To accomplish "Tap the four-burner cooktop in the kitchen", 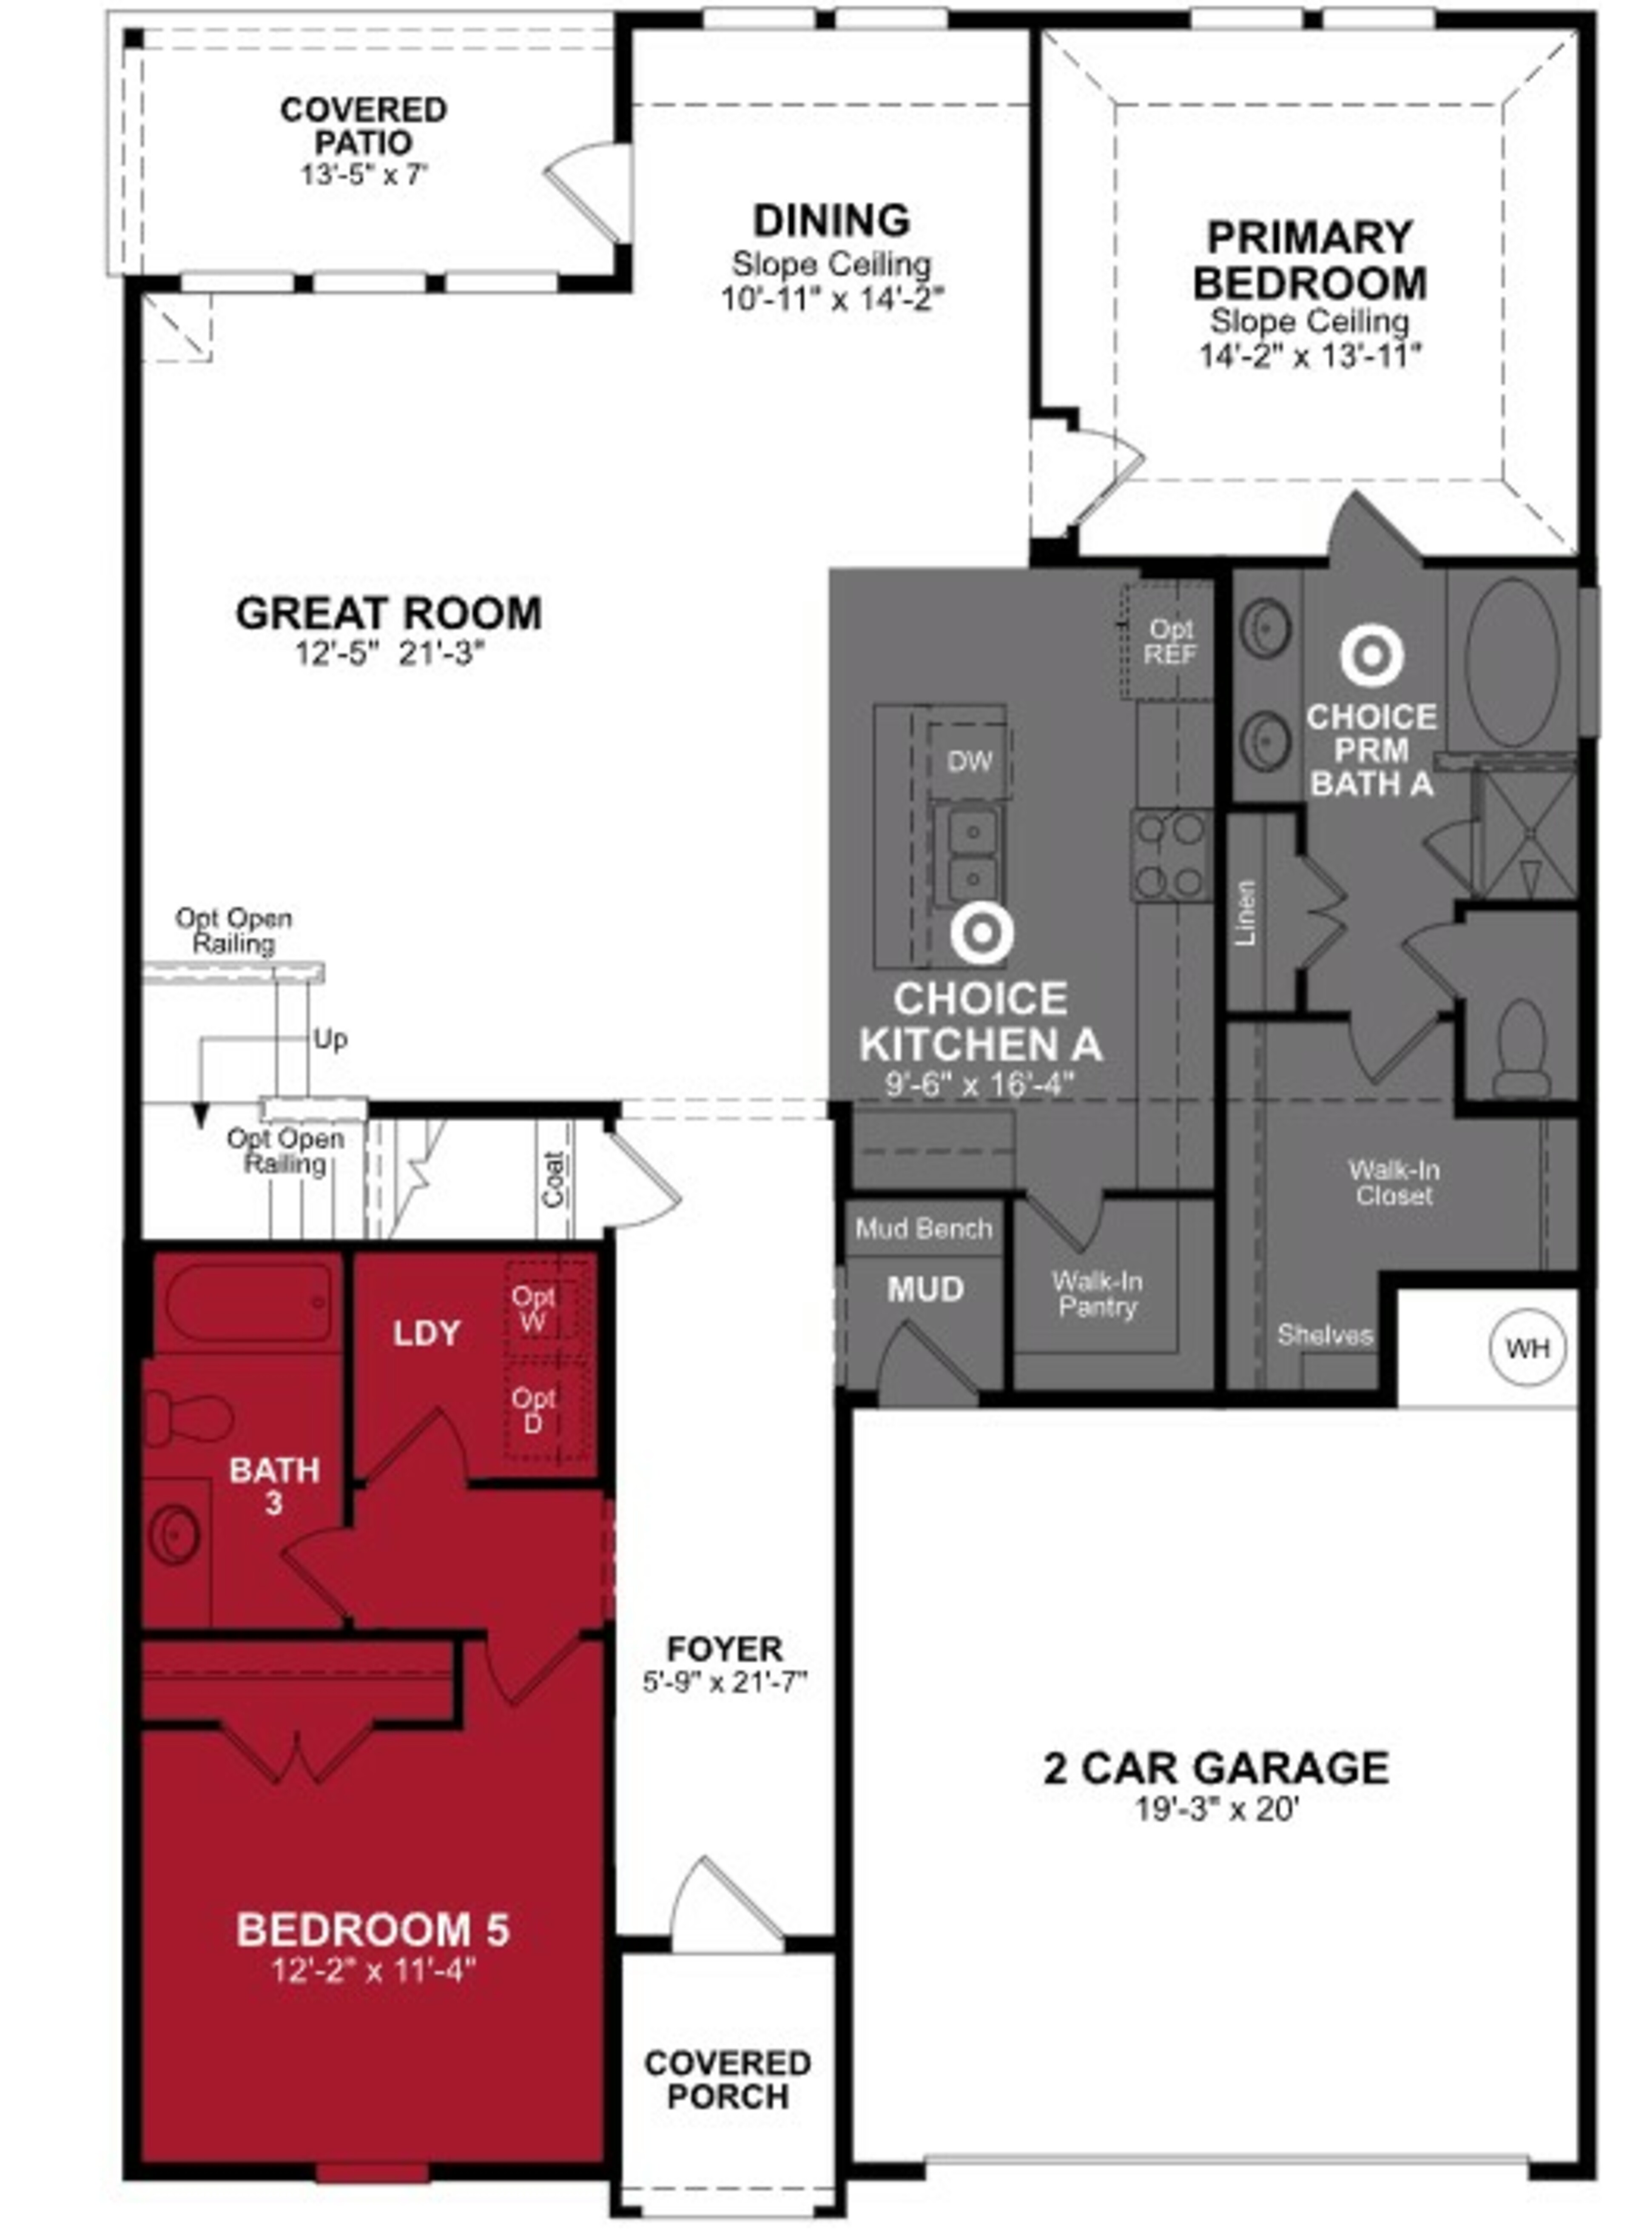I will tap(1171, 855).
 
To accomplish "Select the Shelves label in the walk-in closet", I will tap(1325, 1336).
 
